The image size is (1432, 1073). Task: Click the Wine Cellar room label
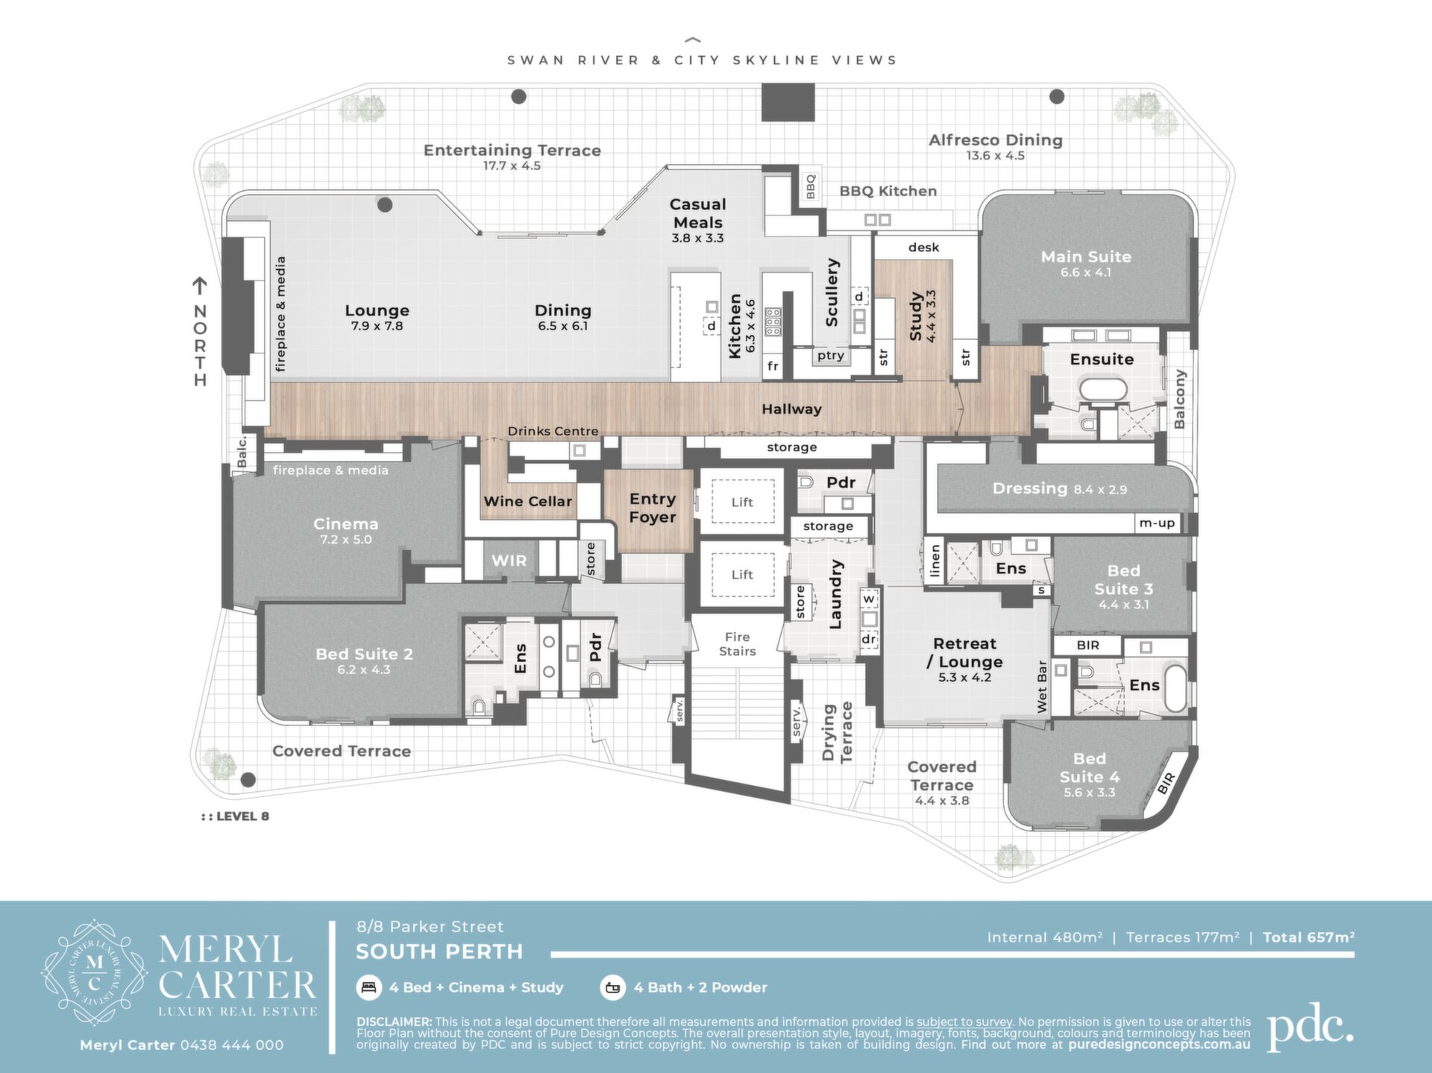point(527,502)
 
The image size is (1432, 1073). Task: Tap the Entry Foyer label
point(653,508)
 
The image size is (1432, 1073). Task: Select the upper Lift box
point(742,502)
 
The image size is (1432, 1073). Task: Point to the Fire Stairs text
point(737,644)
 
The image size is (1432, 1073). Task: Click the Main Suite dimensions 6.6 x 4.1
point(1086,273)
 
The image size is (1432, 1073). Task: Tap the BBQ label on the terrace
point(811,186)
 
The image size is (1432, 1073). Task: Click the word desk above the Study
point(923,248)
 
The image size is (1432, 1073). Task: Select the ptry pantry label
point(830,356)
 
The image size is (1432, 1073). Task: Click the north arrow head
point(199,283)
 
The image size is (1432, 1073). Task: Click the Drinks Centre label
point(553,431)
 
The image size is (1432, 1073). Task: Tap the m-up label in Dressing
point(1156,523)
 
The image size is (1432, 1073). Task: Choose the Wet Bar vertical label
point(1042,686)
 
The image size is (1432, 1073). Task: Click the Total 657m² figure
point(1308,937)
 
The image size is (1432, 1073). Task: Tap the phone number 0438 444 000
point(232,1045)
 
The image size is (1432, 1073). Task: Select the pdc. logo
point(1310,1028)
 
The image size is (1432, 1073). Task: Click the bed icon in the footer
point(368,987)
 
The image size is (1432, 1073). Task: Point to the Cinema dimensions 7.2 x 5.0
point(345,540)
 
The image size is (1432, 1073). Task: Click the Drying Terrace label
point(836,732)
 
